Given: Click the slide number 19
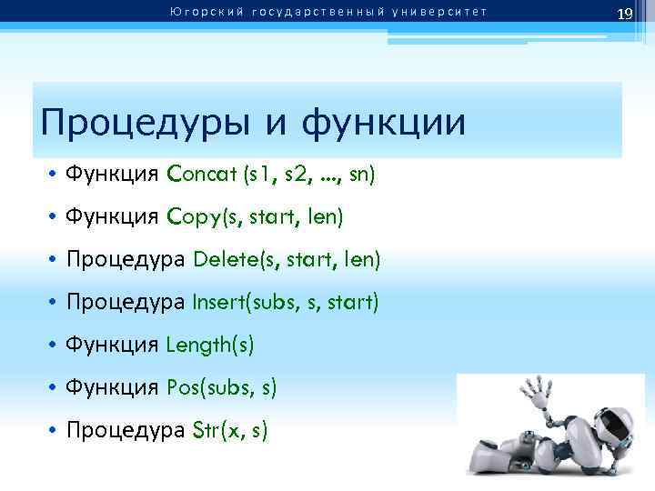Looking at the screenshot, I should (x=624, y=14).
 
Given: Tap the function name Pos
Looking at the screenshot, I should (x=186, y=388).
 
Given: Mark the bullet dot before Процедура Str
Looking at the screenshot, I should (x=55, y=432).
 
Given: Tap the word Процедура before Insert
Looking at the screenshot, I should (x=126, y=303).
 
